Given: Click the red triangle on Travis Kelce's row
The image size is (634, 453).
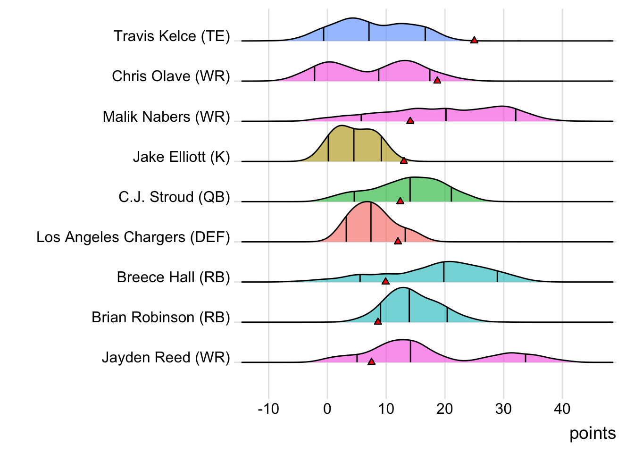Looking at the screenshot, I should [474, 40].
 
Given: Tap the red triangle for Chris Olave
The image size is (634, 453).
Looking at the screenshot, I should [437, 80].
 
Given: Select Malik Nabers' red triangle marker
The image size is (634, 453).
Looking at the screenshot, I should [410, 120].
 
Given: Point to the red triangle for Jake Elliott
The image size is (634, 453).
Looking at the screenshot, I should [404, 161].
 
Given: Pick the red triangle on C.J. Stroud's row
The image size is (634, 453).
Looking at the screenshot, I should [400, 201].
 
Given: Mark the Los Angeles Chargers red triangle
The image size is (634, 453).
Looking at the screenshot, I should [398, 241].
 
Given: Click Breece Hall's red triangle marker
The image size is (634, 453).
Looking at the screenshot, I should [385, 281].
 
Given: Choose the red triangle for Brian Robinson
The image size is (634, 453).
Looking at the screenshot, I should [378, 321].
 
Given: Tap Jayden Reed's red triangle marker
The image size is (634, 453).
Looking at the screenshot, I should [371, 361].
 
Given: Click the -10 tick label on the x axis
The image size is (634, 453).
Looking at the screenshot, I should [268, 409].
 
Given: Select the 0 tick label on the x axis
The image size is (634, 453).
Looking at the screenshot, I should [327, 409].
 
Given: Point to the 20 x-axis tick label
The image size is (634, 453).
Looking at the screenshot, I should [444, 409].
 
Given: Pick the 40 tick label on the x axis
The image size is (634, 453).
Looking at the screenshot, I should [562, 409].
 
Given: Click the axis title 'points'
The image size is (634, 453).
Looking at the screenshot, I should [592, 433].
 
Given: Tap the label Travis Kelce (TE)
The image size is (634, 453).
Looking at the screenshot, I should [172, 36].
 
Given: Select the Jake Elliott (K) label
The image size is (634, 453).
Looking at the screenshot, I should [181, 157].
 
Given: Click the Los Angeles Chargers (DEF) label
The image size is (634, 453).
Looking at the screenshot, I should [133, 237].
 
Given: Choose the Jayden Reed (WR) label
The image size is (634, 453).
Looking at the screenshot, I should [166, 357].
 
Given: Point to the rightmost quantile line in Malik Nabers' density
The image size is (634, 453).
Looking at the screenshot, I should [516, 115].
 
